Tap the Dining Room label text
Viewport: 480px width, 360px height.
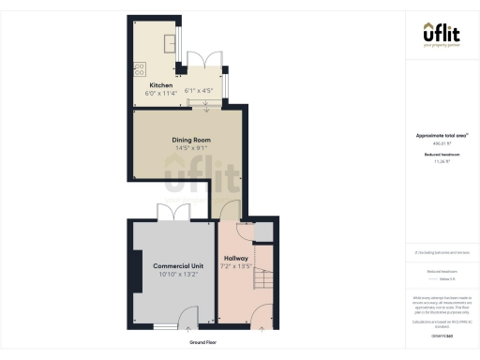(189, 141)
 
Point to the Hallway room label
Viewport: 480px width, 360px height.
(235, 258)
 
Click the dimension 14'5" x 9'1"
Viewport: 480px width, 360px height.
(189, 148)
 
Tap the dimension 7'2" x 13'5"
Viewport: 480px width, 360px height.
(235, 266)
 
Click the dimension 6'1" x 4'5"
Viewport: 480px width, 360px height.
(199, 91)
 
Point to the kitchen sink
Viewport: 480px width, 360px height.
(172, 43)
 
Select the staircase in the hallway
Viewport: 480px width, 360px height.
(263, 272)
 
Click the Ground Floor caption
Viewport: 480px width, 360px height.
(203, 342)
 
